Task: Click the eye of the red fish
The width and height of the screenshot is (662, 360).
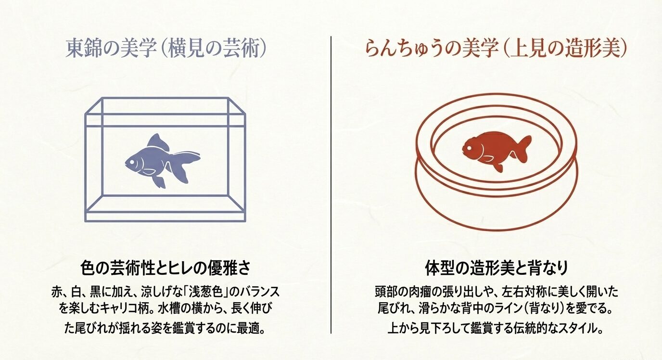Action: click(470, 148)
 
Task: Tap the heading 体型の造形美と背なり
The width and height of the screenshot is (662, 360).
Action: click(497, 268)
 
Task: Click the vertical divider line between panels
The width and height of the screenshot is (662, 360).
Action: click(331, 193)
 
